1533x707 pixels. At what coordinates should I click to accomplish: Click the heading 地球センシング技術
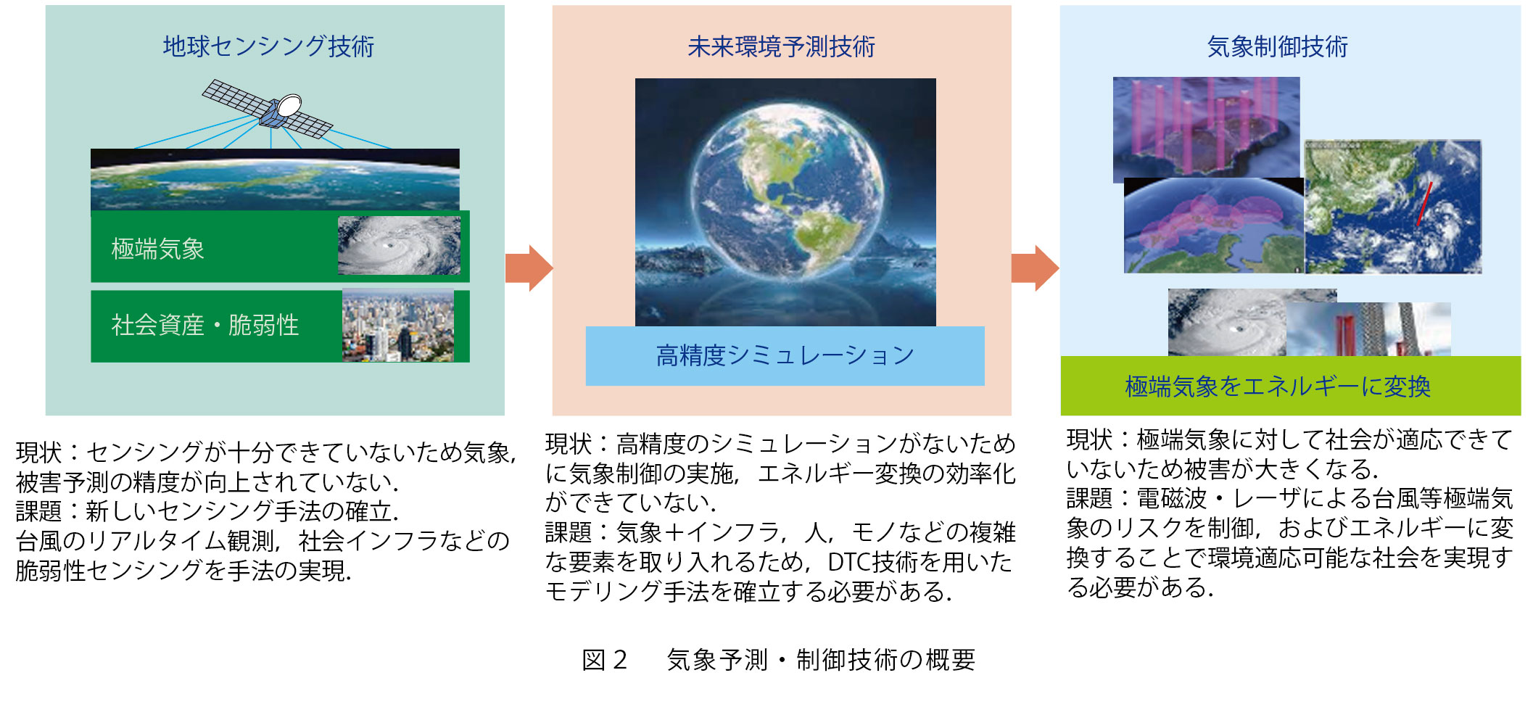(x=268, y=46)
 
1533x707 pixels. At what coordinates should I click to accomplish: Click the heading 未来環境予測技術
(x=781, y=47)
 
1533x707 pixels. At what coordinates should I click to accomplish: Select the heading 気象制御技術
(x=1278, y=47)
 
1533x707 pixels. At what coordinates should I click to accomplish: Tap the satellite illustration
(x=267, y=109)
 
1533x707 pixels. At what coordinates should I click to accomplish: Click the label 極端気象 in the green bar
(x=158, y=249)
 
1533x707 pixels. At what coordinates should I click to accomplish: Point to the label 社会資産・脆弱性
(x=205, y=325)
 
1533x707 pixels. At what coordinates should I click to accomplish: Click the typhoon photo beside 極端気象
(x=399, y=245)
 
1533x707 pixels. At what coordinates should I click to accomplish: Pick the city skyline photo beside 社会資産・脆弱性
(x=398, y=326)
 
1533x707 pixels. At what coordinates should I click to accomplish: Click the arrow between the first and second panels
(x=529, y=268)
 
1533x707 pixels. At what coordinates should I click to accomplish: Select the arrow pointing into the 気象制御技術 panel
(x=1035, y=268)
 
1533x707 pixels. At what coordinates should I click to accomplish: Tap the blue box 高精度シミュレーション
(x=785, y=355)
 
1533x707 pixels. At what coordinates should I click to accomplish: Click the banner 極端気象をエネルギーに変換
(x=1291, y=386)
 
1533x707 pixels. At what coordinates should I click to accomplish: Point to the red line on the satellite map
(x=1424, y=204)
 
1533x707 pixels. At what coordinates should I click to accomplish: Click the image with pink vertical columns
(x=1207, y=129)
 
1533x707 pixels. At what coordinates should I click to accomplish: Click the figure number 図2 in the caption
(x=605, y=660)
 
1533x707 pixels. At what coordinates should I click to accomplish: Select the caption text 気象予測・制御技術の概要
(x=821, y=660)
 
